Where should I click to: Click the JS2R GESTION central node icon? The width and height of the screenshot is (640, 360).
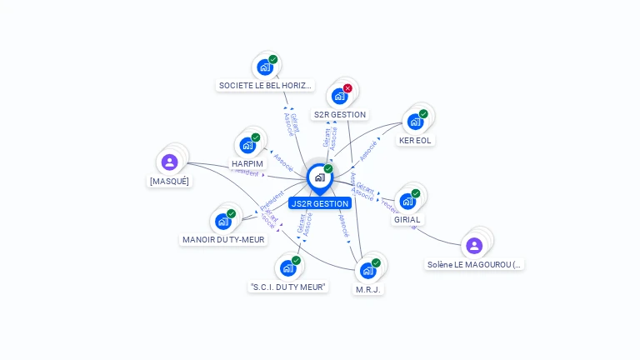319,177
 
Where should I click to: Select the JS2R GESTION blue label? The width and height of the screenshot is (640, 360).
320,203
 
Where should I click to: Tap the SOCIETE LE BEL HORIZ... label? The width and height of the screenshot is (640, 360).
265,85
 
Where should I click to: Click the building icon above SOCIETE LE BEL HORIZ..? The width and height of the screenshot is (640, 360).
265,67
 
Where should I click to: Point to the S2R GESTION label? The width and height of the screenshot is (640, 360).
339,114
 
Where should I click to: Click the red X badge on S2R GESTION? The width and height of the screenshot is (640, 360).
347,88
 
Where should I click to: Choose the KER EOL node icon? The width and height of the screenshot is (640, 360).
415,122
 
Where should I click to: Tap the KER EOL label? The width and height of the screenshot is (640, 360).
415,141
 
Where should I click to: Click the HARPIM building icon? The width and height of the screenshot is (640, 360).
247,145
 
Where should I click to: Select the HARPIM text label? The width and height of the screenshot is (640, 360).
247,163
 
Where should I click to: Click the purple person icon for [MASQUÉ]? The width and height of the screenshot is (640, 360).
170,162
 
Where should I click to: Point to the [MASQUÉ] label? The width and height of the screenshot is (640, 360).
169,181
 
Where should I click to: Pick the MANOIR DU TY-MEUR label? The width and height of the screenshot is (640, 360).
223,239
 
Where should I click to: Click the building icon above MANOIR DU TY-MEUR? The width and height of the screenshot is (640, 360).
223,221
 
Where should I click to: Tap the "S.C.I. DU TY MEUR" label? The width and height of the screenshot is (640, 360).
288,287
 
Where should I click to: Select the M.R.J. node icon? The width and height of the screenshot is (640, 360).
368,270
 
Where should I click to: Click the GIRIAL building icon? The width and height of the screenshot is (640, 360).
407,201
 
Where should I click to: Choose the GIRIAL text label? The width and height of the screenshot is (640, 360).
407,220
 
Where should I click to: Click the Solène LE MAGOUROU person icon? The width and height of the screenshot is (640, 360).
474,246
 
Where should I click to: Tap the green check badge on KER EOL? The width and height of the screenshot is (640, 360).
423,113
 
